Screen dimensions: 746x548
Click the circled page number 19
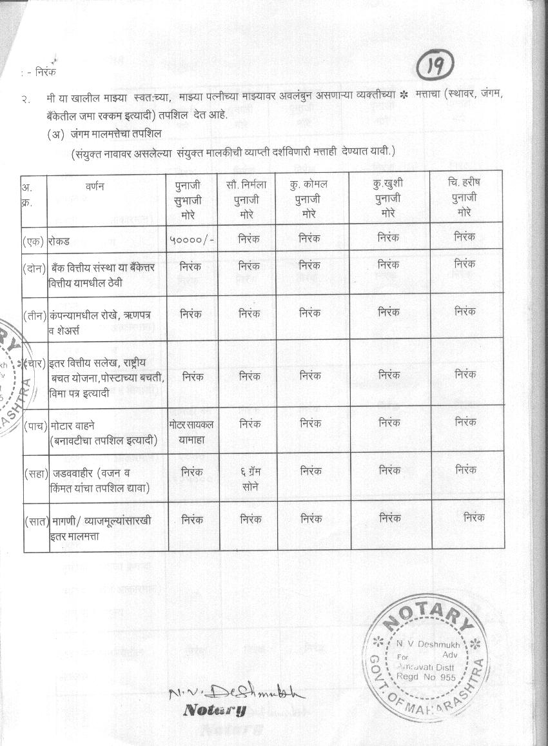436,66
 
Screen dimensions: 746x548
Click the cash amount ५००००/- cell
192,238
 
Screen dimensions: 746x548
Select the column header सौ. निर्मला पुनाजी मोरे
246,198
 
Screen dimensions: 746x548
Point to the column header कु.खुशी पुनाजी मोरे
387,197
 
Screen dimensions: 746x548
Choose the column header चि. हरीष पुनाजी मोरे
464,197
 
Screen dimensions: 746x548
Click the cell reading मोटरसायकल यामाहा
191,431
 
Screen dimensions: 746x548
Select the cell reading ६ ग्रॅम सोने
246,478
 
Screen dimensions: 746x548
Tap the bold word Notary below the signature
215,711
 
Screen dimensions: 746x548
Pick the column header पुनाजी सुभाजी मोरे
191,198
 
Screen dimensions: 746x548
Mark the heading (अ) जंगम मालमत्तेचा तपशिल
103,133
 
